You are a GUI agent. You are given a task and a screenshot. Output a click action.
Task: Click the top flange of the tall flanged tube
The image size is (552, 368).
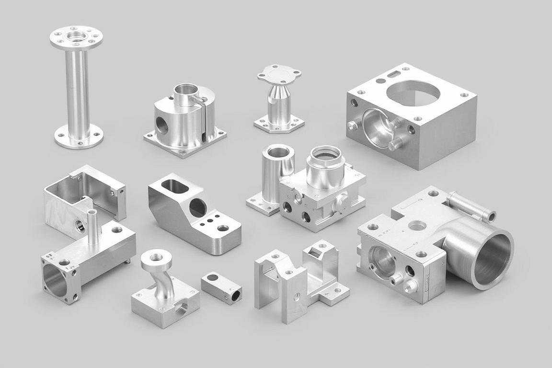click(x=76, y=37)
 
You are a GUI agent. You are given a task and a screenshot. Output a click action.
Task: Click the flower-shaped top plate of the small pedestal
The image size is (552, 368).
click(x=279, y=74)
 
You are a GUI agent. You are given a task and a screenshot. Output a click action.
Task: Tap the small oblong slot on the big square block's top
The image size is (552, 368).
click(x=392, y=74)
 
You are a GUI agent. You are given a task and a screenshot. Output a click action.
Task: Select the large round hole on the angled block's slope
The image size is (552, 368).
click(x=198, y=208)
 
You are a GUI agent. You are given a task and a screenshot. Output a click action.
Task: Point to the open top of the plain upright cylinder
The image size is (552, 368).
click(x=278, y=153)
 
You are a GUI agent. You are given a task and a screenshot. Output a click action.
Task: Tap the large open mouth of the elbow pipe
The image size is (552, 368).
click(x=492, y=259)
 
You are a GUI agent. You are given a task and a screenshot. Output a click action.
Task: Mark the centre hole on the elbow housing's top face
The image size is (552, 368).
click(x=417, y=225)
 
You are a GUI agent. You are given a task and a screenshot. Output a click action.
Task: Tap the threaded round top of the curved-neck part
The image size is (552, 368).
click(x=156, y=258)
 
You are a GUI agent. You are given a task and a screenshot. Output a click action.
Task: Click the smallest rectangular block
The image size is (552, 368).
click(x=221, y=287)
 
